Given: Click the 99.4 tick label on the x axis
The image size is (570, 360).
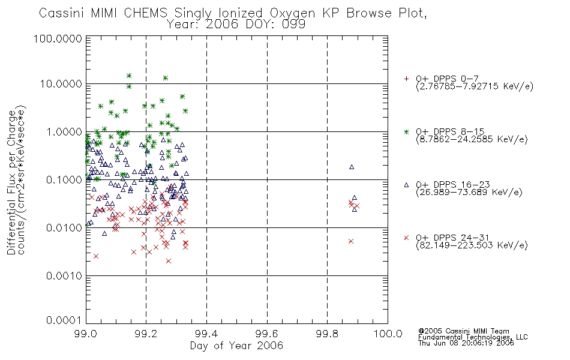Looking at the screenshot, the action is coord(207,334).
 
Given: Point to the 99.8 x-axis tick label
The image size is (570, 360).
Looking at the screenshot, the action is coord(328,334).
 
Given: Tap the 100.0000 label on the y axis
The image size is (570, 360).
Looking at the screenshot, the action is coord(58,38).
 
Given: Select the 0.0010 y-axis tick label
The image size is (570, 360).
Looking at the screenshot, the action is coord(64,276).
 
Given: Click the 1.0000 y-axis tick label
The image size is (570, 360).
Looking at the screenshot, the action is coord(64,132).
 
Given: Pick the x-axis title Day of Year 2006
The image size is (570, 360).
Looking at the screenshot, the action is coord(236,345).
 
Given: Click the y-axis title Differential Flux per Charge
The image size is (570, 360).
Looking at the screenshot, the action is coord(11,182).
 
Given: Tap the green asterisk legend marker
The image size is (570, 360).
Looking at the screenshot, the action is coord(406,132).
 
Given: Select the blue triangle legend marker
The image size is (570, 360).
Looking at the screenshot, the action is coord(406,185).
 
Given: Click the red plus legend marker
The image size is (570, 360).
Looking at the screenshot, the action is coord(406,79).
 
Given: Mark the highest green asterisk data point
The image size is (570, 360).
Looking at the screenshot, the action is coord(128,76).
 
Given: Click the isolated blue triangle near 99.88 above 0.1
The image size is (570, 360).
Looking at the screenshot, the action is coord(352,167).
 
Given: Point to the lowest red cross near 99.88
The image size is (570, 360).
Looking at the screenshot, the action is coord(351,241).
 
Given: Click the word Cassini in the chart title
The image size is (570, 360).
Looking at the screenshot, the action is coord(61,13).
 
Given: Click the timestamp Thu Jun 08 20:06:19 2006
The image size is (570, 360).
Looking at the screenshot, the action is coord(466,343).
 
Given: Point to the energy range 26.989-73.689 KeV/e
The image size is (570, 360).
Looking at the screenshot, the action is coord(469,192).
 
